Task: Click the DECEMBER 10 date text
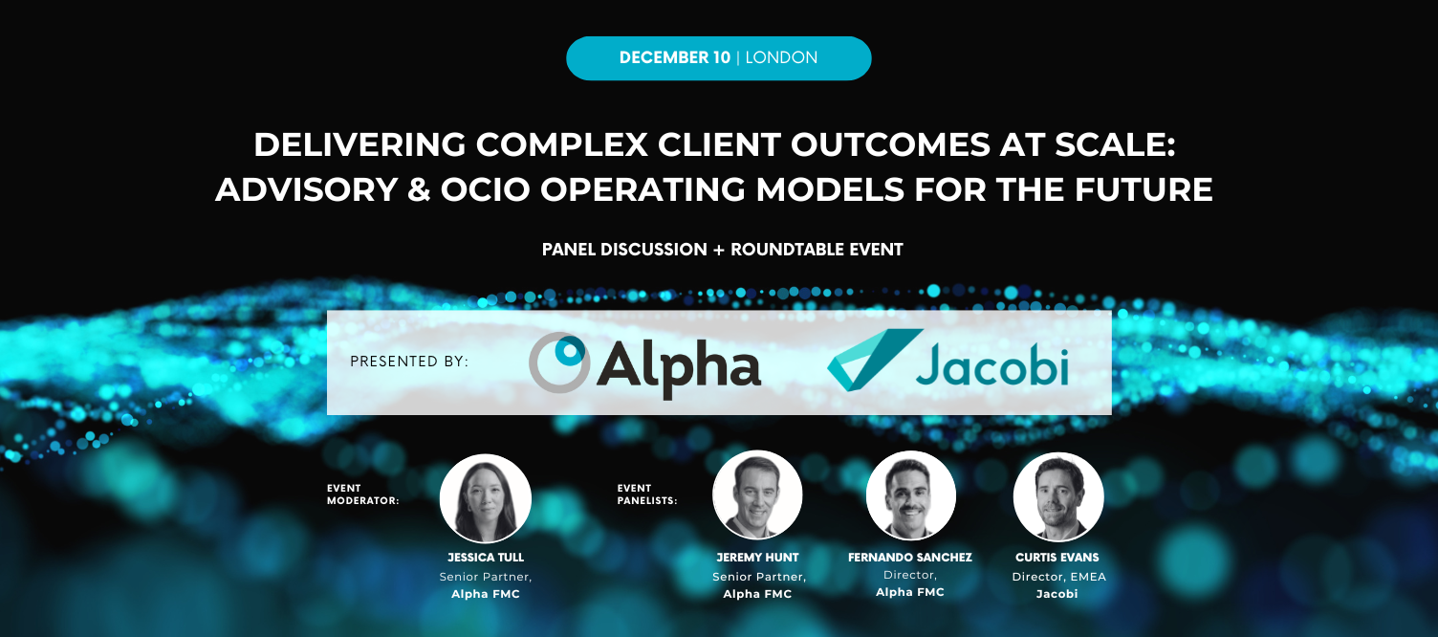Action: click(674, 57)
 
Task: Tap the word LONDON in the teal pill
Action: click(781, 57)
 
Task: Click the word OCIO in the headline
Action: click(487, 189)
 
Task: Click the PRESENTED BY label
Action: click(409, 362)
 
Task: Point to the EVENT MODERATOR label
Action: click(362, 494)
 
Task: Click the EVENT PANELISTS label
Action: click(647, 494)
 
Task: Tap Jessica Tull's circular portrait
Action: click(486, 498)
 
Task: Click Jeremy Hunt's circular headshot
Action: click(757, 495)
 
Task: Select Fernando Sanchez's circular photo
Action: click(910, 495)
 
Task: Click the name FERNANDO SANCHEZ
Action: click(910, 557)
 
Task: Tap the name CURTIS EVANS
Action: click(1058, 557)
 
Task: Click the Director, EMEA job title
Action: click(1058, 577)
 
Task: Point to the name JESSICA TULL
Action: click(486, 557)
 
